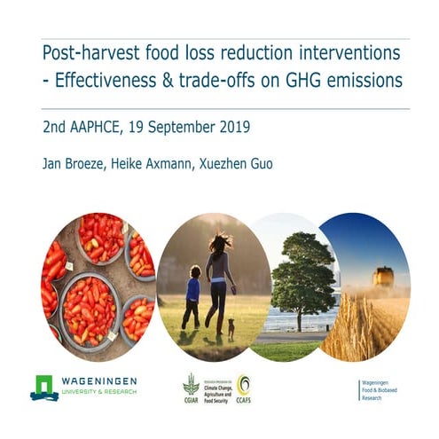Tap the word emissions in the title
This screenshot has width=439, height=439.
click(371, 82)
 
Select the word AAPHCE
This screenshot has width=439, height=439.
click(95, 127)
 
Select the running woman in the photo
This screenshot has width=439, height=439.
click(218, 279)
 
